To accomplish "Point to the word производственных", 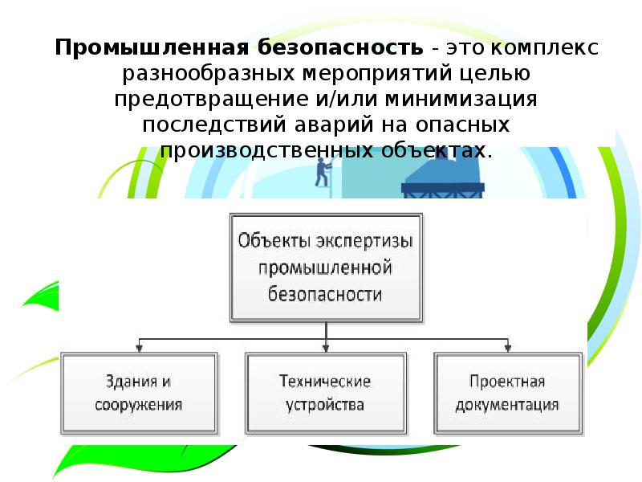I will (262, 151).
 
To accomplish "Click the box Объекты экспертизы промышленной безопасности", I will (325, 267).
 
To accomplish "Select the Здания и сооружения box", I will (138, 392).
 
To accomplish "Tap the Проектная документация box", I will (507, 392).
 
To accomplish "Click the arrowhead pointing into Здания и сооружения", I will (139, 348).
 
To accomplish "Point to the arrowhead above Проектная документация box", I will (507, 348).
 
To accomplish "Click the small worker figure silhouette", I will (324, 171).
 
